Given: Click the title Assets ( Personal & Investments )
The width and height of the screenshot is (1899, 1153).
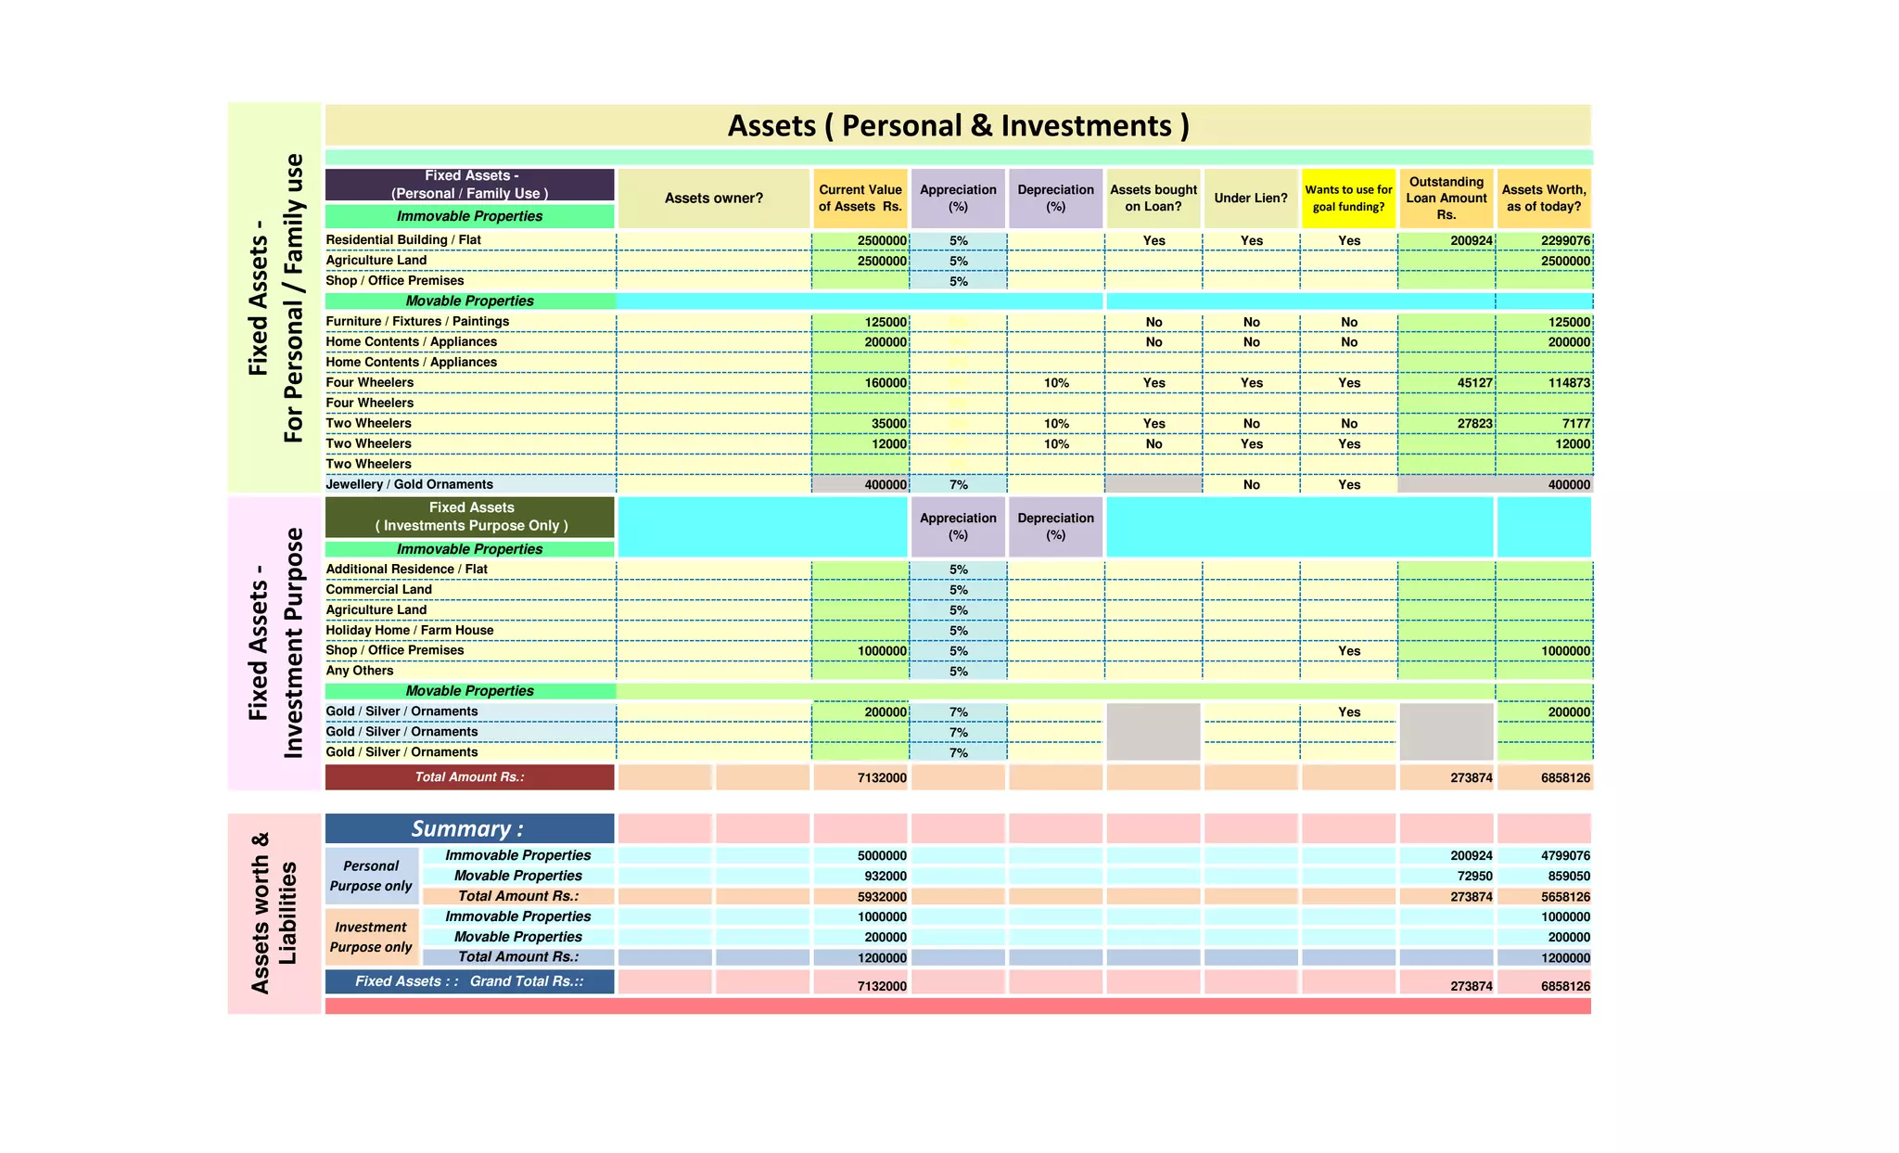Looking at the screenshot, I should coord(958,125).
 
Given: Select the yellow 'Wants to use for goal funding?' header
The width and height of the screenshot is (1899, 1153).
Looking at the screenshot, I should coord(1348,198).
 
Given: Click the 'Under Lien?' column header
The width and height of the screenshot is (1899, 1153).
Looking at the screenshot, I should coord(1251,198).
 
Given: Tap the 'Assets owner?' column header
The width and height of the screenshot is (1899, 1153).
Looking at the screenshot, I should coord(713,198).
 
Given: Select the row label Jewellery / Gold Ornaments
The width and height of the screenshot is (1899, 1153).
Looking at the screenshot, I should coord(409,484).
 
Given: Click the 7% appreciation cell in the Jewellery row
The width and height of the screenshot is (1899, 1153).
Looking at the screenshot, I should coord(958,485).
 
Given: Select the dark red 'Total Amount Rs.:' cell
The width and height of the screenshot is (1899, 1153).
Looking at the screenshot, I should coord(469,777).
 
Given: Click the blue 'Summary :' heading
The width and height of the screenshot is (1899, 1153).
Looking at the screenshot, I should coord(468,828).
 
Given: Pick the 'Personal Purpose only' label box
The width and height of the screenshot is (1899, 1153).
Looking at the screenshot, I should coord(371,876).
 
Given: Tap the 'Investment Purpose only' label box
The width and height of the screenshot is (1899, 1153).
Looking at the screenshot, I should coord(371,937).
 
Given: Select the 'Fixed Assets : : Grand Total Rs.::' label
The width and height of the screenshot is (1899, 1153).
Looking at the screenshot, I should coord(469,981).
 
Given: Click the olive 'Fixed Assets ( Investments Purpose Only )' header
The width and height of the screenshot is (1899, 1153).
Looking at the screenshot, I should coord(470,517).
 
